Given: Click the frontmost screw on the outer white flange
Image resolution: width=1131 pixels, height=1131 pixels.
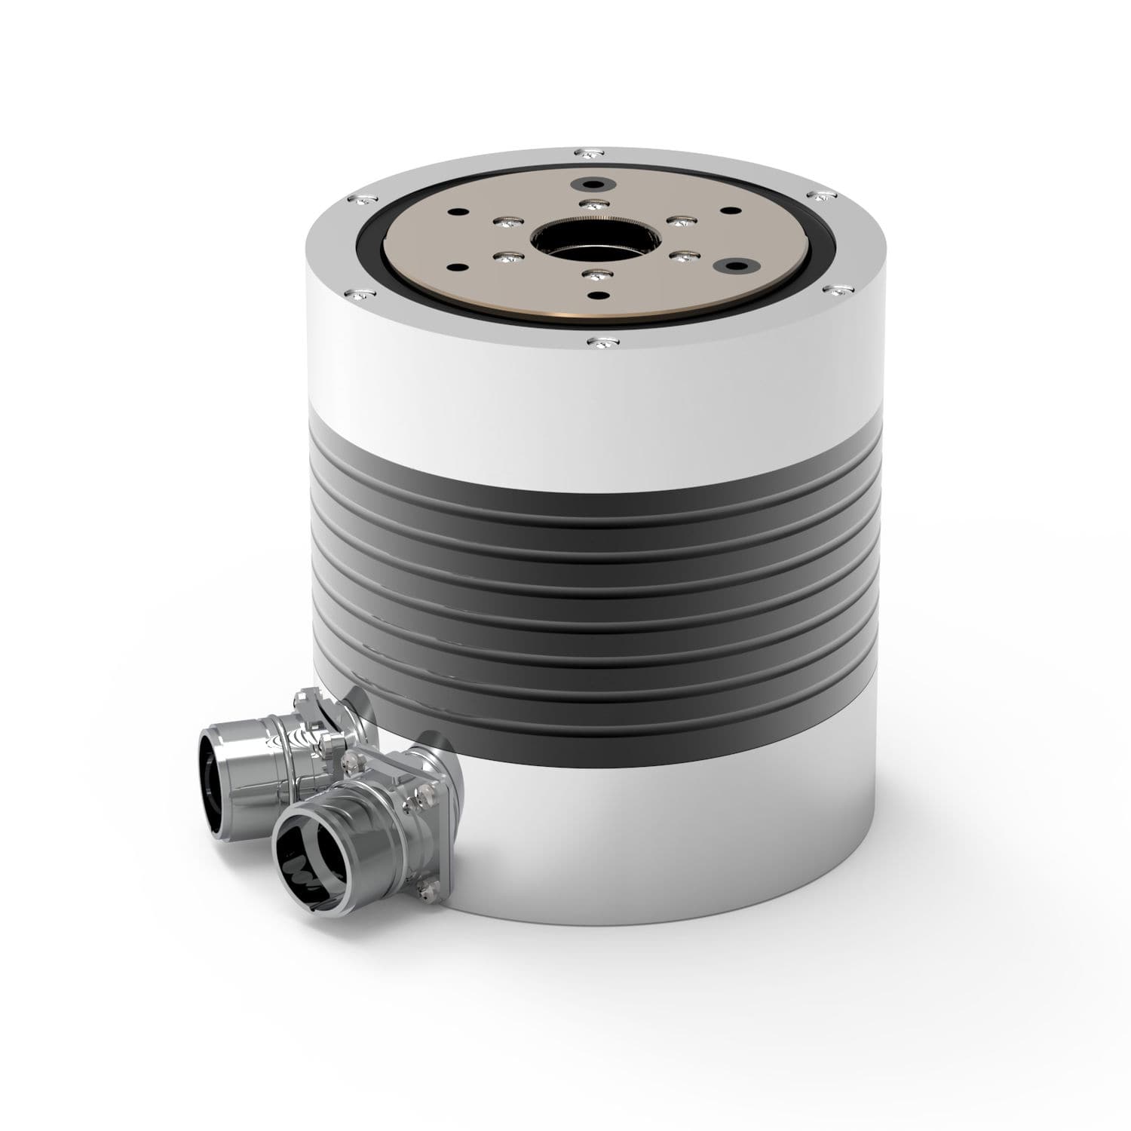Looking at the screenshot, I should coord(596,344).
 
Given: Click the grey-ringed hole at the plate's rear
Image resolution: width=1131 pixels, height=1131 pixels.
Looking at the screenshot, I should coord(588,184).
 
